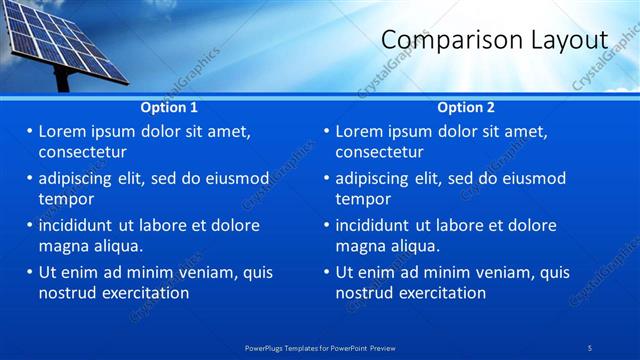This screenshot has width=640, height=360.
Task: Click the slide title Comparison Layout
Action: (494, 40)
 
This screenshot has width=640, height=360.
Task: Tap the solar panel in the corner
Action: (60, 40)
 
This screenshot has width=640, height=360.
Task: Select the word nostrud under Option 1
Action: (69, 293)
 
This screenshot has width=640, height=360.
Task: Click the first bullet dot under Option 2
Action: (327, 132)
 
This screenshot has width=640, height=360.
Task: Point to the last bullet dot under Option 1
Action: (30, 273)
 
